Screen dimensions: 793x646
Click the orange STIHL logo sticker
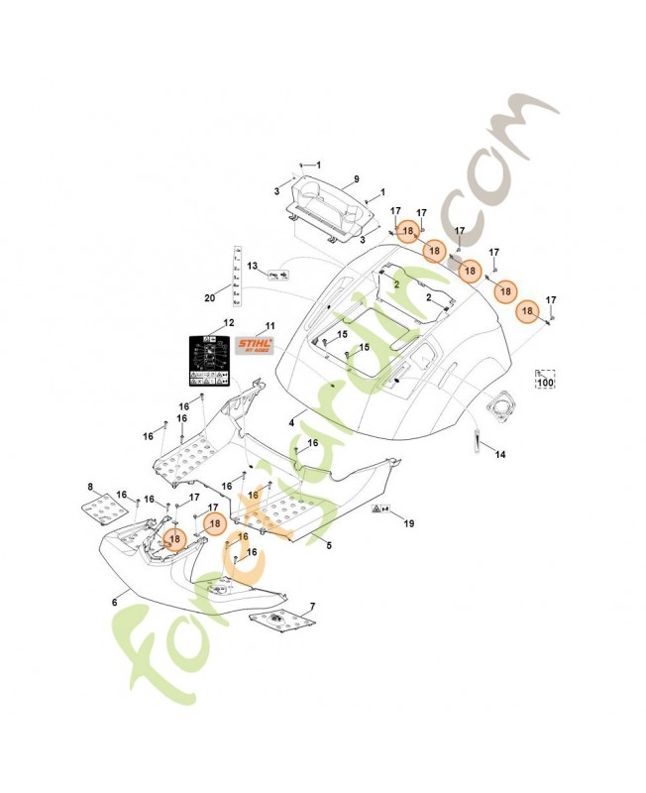point(256,346)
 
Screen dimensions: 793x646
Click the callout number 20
point(210,297)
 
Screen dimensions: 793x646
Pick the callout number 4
point(290,423)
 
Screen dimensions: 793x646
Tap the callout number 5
point(328,544)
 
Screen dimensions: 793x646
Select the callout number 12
point(229,323)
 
